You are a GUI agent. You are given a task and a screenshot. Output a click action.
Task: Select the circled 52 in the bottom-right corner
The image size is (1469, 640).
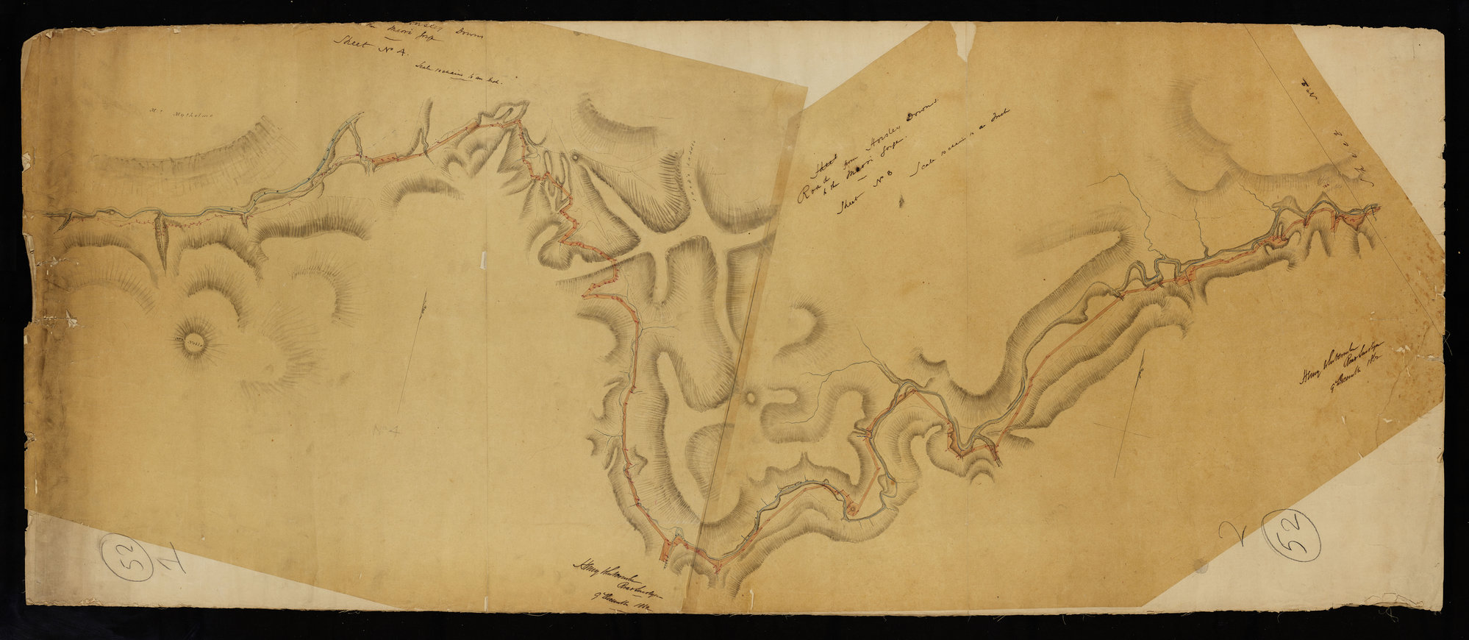click(x=1291, y=535)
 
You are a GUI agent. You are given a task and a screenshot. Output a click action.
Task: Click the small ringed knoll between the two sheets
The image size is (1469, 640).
click(x=751, y=399)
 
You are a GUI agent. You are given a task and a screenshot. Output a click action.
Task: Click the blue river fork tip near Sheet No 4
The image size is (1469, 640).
click(x=359, y=115)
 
